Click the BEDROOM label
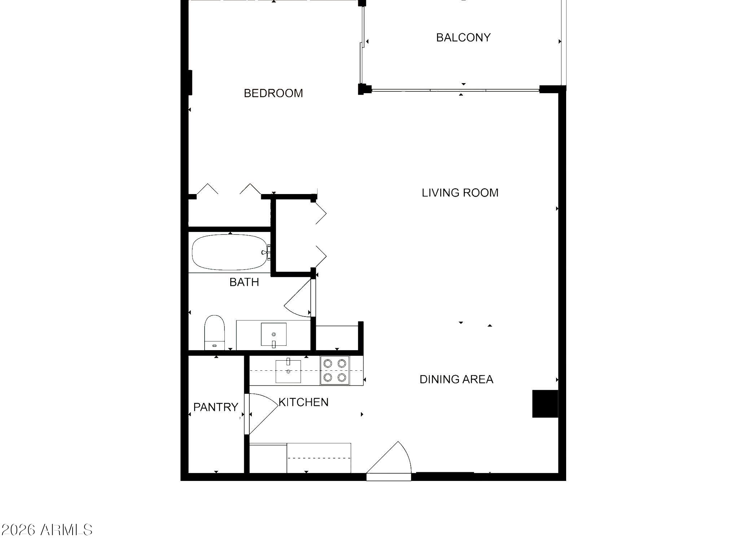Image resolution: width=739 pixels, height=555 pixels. click(273, 93)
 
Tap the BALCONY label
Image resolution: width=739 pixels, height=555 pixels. click(463, 38)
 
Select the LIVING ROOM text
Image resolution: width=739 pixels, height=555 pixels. click(460, 193)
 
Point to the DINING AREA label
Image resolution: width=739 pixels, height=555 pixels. click(456, 379)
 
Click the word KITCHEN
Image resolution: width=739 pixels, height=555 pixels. click(303, 402)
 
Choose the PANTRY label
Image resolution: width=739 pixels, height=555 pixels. click(215, 407)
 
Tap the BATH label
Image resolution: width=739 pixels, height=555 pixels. click(244, 282)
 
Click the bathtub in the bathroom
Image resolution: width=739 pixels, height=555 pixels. click(230, 252)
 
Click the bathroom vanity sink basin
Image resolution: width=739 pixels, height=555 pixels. click(274, 334)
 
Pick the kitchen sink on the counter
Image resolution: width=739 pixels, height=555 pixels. click(288, 371)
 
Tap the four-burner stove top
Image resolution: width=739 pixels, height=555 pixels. click(334, 370)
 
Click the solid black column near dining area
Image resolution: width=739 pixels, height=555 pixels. click(545, 404)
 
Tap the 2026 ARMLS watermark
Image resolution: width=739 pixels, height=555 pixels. click(47, 530)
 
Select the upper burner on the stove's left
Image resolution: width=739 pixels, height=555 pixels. click(328, 363)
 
